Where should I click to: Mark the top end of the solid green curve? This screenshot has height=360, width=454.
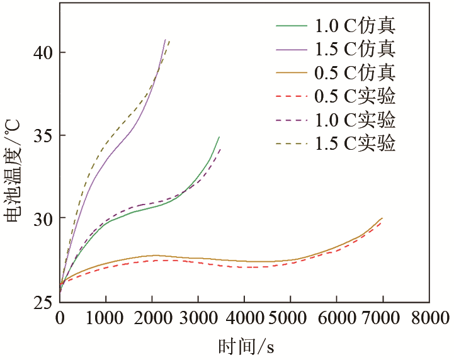(x=219, y=137)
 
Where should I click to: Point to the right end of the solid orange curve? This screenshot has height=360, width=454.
(x=382, y=218)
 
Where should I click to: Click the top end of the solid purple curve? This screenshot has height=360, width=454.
(x=165, y=40)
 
